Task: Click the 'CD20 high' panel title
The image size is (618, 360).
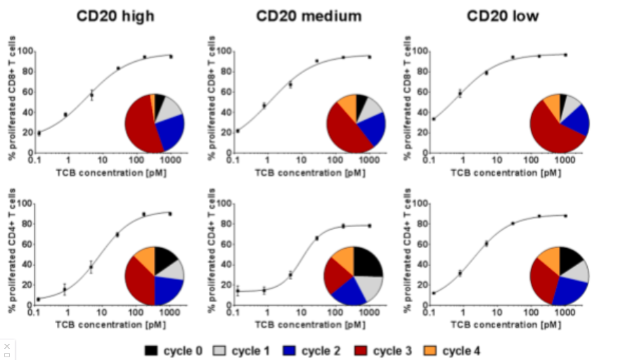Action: point(116,16)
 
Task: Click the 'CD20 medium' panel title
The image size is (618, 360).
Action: point(309,16)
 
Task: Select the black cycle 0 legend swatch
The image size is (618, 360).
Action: point(152,349)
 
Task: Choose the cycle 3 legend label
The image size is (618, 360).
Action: point(393,349)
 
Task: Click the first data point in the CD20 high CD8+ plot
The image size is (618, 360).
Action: point(39,133)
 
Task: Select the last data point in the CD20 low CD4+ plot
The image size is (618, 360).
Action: point(565,216)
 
